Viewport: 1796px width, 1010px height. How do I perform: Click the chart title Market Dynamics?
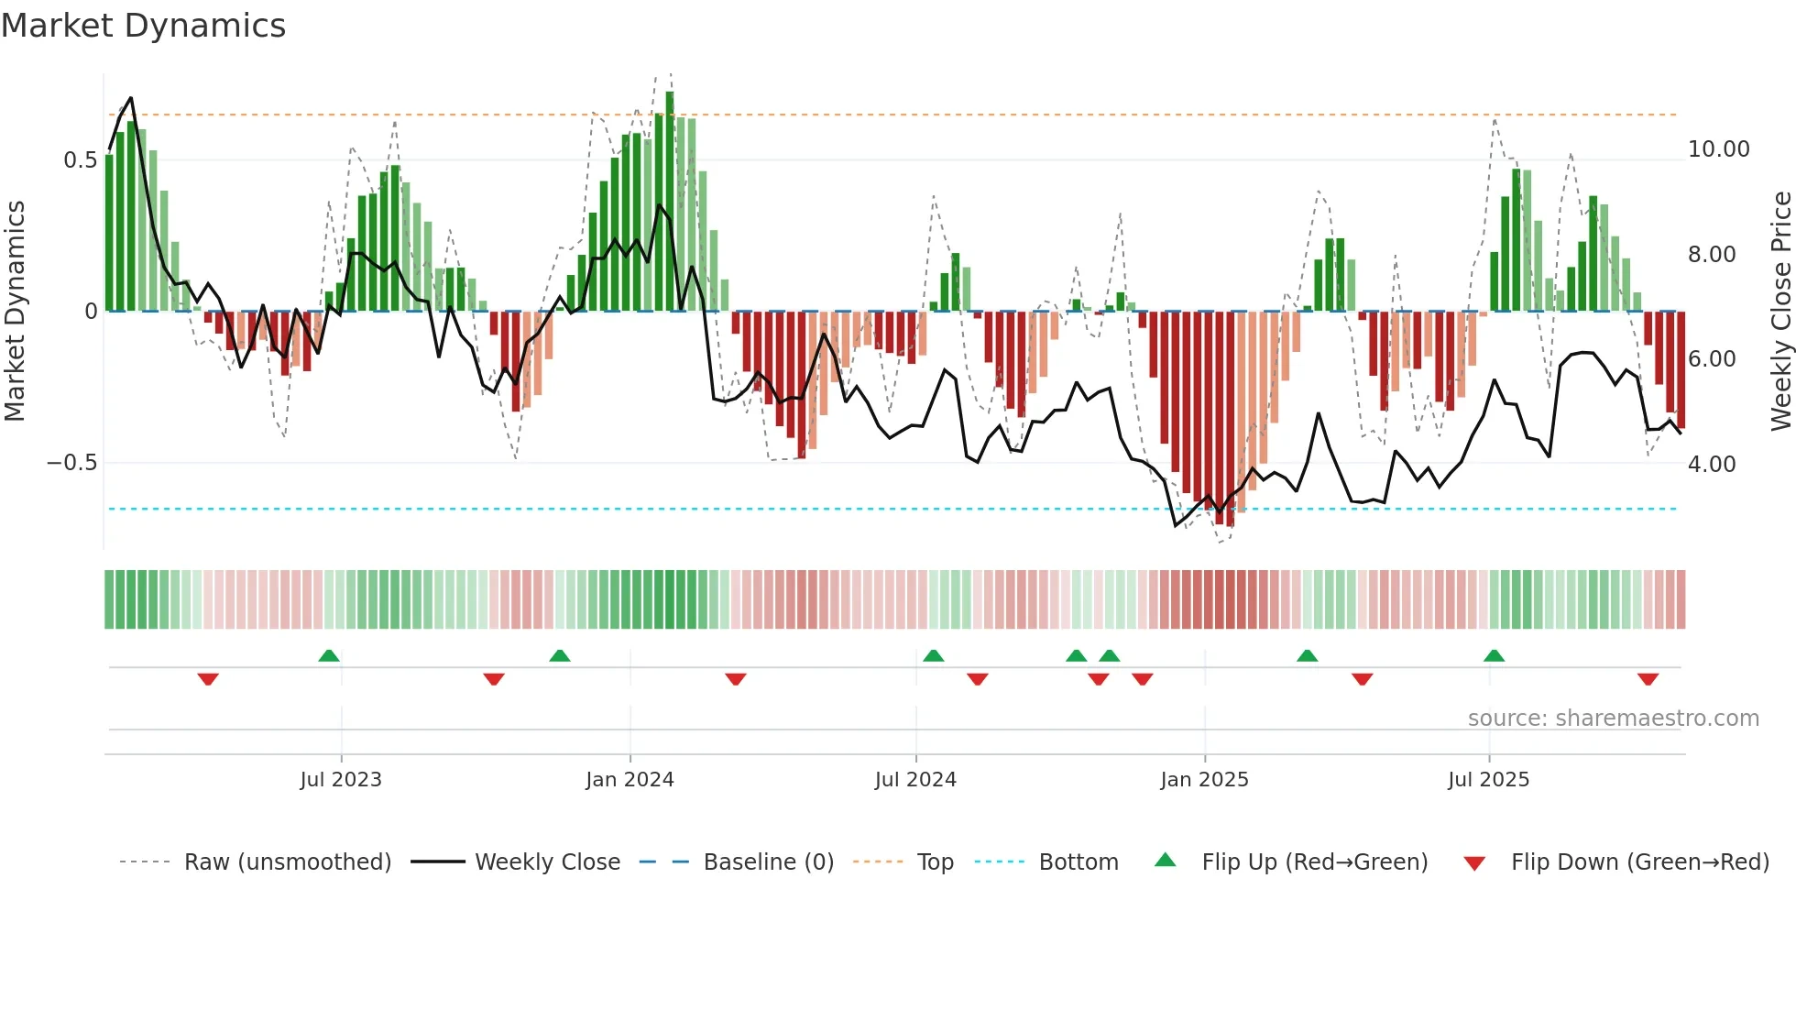coord(143,26)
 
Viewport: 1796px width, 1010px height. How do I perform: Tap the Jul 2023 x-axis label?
coord(341,780)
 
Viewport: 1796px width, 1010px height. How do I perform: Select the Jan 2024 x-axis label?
coord(630,780)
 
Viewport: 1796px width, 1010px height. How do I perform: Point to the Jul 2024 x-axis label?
coord(915,780)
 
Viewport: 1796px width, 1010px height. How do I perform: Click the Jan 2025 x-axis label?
coord(1204,780)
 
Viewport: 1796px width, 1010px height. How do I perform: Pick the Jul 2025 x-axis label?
coord(1489,780)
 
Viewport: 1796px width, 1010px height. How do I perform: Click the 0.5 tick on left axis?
coord(81,160)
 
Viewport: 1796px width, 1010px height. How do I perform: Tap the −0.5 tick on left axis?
coord(72,463)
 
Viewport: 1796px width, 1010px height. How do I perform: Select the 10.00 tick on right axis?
coord(1718,149)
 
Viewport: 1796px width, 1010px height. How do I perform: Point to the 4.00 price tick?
coord(1712,465)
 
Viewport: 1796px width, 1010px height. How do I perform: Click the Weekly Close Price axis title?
coord(1780,312)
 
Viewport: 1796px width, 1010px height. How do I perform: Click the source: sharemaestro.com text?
coord(1613,719)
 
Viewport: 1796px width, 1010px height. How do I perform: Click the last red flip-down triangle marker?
coord(1648,679)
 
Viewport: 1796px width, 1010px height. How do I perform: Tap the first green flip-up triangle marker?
coord(329,655)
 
